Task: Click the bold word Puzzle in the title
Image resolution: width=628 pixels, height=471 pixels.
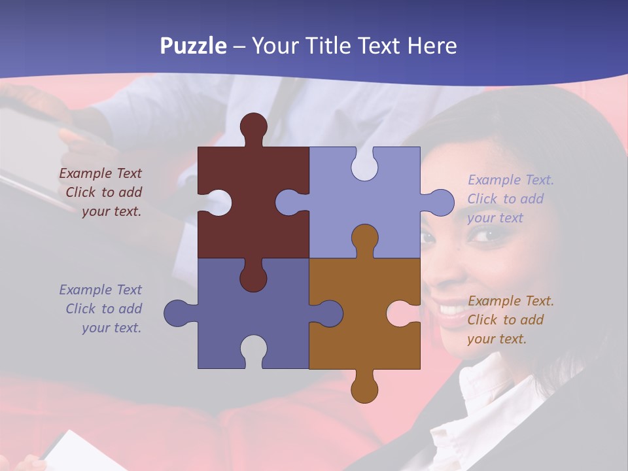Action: pyautogui.click(x=194, y=46)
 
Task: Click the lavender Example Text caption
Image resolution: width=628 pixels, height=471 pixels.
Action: pyautogui.click(x=510, y=199)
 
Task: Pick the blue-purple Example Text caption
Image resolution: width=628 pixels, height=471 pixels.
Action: pyautogui.click(x=103, y=309)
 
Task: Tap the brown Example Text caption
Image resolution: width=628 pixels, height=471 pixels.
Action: pyautogui.click(x=510, y=320)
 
